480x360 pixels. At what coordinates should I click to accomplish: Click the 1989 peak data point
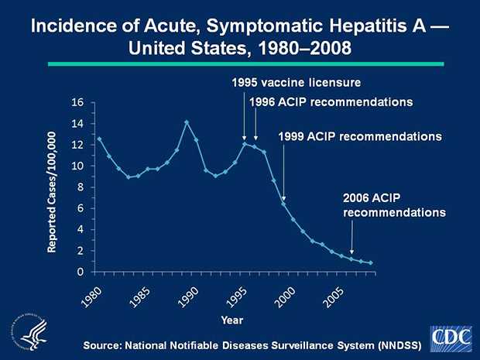187,122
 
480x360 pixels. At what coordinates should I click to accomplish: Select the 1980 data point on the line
99,139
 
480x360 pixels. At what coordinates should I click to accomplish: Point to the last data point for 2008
371,263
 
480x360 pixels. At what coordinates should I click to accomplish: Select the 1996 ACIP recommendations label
329,101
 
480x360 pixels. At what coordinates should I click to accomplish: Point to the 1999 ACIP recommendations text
359,136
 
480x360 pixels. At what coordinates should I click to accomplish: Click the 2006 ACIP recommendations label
393,205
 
